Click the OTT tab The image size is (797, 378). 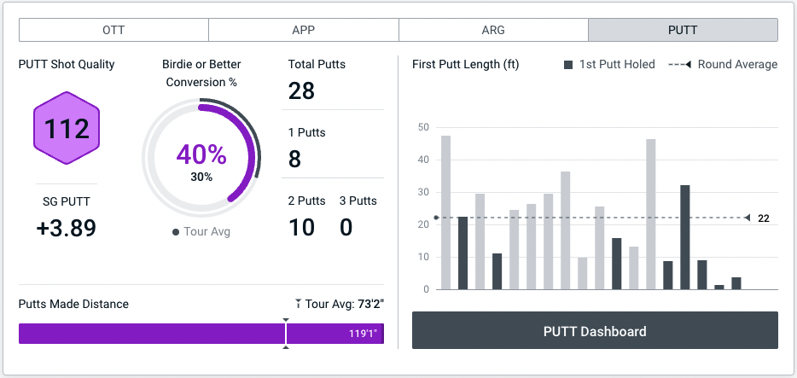point(113,30)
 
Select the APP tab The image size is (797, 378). point(303,30)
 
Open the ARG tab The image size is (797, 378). point(493,30)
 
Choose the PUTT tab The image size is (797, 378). point(683,30)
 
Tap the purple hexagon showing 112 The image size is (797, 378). point(67,130)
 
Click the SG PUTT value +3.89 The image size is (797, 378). point(67,228)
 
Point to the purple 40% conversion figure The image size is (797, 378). point(201,154)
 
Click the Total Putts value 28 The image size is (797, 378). point(301,90)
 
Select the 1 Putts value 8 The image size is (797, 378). point(295,159)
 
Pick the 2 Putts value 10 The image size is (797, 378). point(302,227)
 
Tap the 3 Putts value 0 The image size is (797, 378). point(346,227)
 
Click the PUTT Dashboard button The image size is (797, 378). point(595,331)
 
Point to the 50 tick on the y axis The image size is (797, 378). point(423,127)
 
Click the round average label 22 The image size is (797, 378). point(764,218)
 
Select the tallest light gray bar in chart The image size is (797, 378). point(445,212)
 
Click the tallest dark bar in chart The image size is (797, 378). point(684,237)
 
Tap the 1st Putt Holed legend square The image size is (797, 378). point(568,65)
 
